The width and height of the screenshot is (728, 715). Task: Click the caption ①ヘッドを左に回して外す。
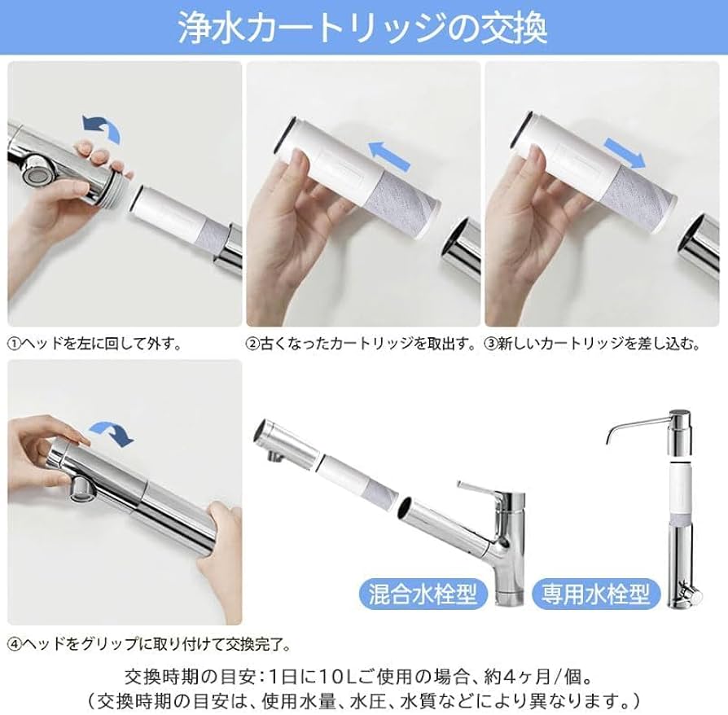pos(95,344)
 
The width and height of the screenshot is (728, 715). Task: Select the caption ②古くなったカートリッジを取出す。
pos(362,344)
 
